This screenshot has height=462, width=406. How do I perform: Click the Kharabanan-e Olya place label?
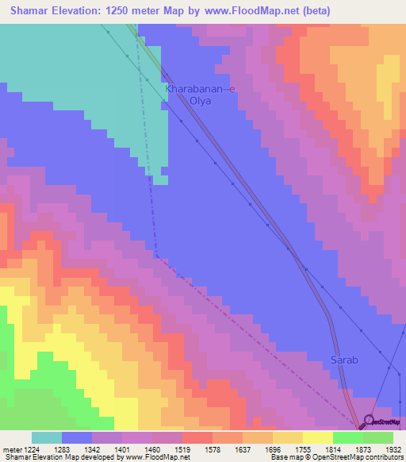click(200, 95)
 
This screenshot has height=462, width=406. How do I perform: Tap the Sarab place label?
click(344, 360)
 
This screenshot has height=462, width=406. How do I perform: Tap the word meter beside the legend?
click(9, 449)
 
